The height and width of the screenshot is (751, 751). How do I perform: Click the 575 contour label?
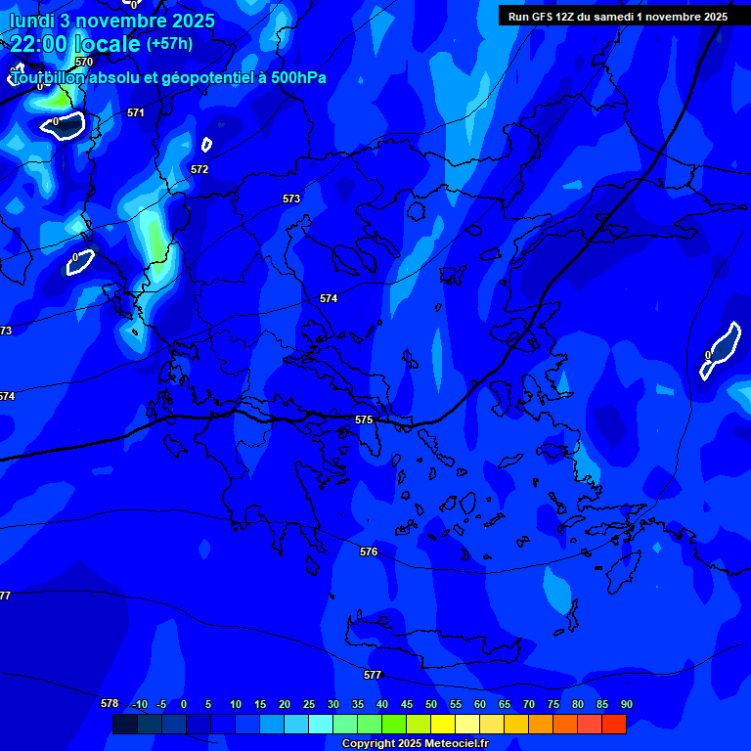point(364,420)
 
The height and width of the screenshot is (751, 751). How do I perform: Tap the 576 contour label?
point(369,552)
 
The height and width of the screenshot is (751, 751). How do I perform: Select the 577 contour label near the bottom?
point(373,676)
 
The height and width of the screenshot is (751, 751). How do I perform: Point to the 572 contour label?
point(199,169)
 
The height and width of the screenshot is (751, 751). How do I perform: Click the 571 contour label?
point(136,113)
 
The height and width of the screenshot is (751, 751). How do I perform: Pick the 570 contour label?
point(84,62)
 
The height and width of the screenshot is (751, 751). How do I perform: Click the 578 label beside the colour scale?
point(110,703)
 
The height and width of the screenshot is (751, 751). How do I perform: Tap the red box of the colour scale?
point(614,725)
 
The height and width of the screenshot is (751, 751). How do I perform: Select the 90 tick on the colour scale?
point(627,704)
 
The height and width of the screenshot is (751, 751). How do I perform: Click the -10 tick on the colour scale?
point(139,704)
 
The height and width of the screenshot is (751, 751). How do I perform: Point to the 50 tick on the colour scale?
point(431,704)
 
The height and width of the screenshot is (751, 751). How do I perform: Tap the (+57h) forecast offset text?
point(169,43)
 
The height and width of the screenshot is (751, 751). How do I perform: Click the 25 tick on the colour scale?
point(309,704)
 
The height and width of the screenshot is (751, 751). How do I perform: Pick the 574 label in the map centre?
point(329,298)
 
